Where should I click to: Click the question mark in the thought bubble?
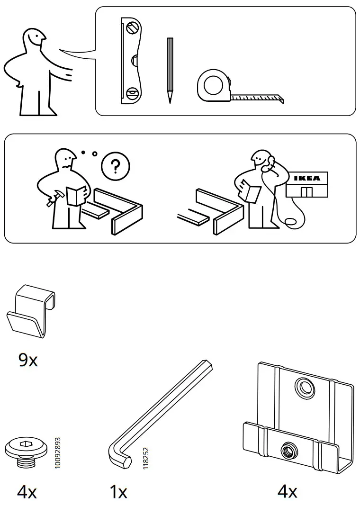coord(115,166)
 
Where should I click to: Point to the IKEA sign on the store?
coord(306,178)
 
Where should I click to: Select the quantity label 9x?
coord(28,361)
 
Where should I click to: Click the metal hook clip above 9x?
coord(31,313)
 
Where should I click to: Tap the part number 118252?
coord(145,459)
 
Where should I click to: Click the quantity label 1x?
coord(118,493)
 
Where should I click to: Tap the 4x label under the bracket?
coord(287,492)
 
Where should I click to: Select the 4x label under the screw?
coord(27,493)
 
